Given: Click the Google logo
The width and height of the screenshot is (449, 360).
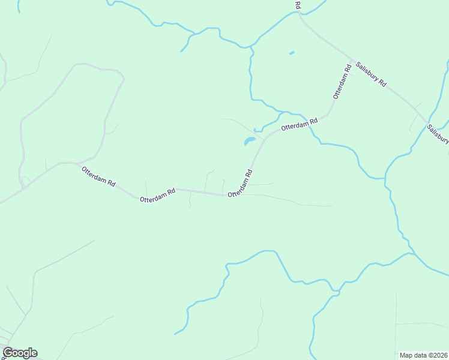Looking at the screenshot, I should point(20,353).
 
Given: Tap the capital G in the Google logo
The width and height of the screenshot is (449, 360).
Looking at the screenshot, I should point(8,353).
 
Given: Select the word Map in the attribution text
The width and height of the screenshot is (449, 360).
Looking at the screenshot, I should point(406,355).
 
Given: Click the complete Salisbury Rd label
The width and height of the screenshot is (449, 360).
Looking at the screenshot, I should point(370,74).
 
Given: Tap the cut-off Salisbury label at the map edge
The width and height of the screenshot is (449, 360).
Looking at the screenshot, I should point(438,134).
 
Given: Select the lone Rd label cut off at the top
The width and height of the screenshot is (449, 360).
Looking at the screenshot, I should point(298,4).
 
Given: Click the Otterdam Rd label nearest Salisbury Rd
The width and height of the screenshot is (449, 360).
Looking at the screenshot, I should point(342,82).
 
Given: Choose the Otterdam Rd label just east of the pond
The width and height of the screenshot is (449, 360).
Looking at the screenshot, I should point(299,125).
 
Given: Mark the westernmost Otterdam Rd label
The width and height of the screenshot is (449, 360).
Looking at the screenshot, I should point(98,178).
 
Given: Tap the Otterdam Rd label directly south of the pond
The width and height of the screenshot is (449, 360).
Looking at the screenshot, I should point(240,183).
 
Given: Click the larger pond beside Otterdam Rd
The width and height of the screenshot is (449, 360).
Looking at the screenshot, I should point(249,142).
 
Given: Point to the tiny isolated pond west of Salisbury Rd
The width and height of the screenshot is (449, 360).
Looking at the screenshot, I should point(292,53).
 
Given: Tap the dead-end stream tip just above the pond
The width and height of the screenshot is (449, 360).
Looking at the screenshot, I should point(255,130).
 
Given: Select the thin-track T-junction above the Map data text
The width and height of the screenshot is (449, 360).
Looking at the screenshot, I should point(396,325).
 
